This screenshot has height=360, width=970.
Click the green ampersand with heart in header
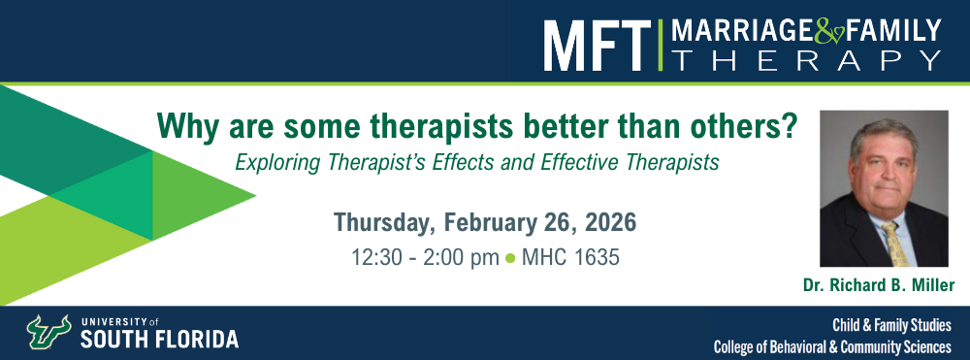tap(828, 32)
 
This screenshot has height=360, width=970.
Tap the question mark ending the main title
tap(790, 126)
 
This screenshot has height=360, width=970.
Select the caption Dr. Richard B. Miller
tap(879, 285)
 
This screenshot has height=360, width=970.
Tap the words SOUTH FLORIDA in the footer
tap(159, 340)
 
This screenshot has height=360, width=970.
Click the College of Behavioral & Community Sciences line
tap(832, 346)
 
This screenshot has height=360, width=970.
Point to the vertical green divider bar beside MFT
tap(660, 45)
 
